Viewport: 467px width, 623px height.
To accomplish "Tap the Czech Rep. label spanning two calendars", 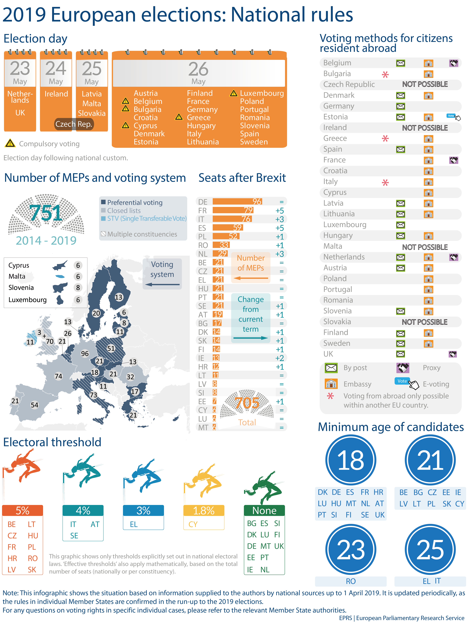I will point(74,124).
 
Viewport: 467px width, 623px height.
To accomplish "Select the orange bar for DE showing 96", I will point(237,202).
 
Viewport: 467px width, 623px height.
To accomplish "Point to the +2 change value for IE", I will point(280,358).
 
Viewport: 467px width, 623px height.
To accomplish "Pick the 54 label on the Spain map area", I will point(34,405).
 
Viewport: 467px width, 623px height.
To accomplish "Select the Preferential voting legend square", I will point(103,202).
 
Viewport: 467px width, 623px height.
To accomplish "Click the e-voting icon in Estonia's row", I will point(453,117).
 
